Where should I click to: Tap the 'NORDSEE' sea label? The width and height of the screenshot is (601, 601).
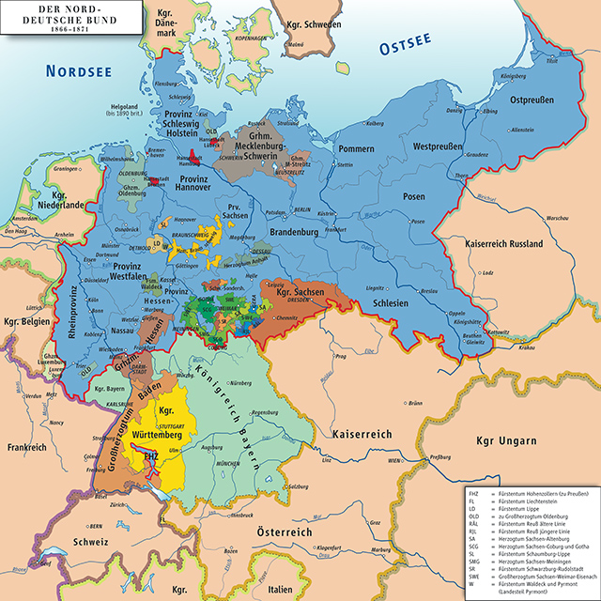70,69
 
